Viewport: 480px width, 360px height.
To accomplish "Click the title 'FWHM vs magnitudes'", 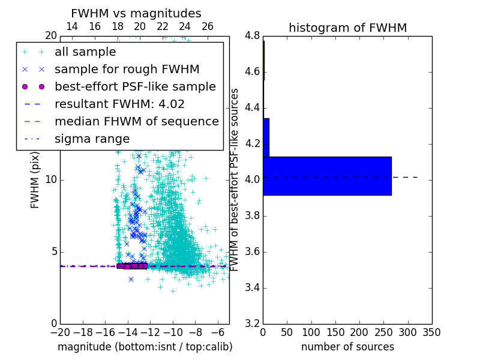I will (136, 14).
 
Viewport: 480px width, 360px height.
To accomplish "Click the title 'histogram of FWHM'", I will (347, 28).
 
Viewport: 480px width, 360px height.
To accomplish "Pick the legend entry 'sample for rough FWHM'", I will (127, 69).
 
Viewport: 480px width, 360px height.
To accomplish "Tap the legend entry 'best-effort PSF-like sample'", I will (135, 86).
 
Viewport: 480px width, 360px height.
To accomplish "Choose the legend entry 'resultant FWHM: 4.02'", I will (119, 104).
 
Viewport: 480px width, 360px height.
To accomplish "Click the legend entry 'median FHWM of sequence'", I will (136, 121).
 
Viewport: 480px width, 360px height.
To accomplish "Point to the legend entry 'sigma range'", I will (92, 139).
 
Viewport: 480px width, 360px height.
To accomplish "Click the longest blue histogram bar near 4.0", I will (327, 176).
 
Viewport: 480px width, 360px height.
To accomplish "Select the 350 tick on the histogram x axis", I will (431, 332).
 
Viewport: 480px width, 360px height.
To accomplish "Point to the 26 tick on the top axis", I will (208, 26).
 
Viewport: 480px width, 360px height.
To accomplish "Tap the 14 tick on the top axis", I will (71, 26).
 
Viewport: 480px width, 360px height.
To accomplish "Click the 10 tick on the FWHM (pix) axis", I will (50, 179).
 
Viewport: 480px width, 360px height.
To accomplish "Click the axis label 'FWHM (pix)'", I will (35, 179).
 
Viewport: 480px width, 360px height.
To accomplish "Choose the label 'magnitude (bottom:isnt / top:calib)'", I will (145, 347).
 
